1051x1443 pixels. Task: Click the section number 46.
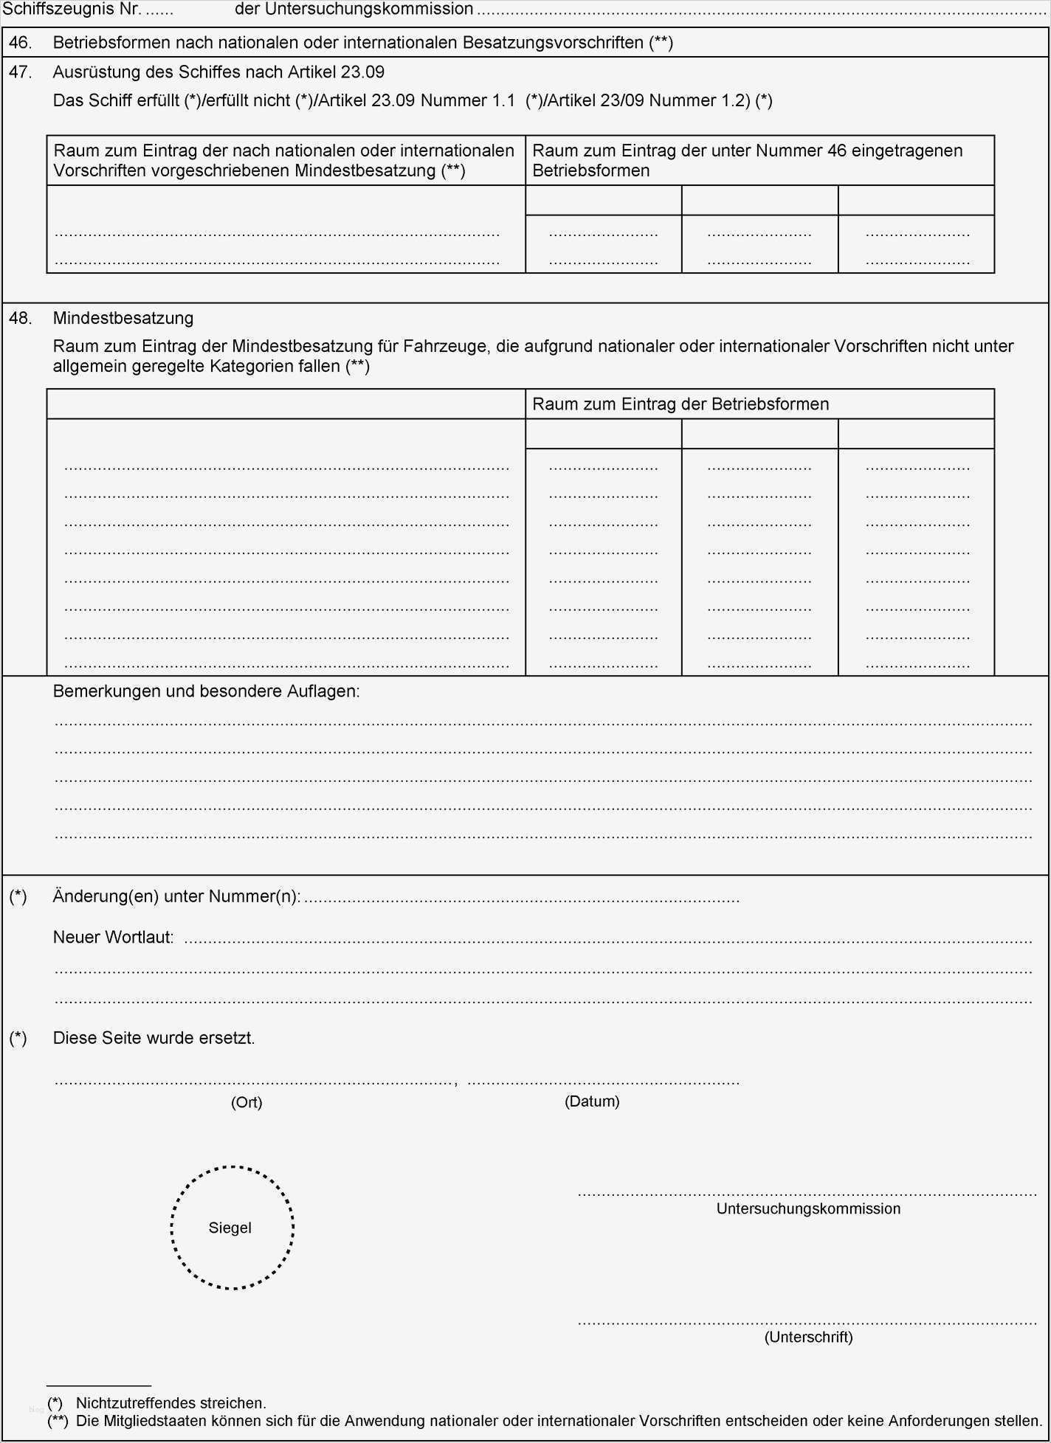[x=20, y=43]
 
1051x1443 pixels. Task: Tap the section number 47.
[x=20, y=72]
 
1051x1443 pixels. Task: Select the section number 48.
[x=20, y=319]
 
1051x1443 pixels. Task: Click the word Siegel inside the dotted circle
[x=230, y=1228]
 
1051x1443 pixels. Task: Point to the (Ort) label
[x=247, y=1102]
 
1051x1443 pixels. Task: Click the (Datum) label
[x=592, y=1101]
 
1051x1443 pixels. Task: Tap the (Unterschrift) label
[x=808, y=1337]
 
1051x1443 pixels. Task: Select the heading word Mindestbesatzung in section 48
[x=123, y=319]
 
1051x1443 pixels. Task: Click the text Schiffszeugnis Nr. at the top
[x=72, y=10]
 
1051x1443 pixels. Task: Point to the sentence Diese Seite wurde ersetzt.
[x=154, y=1038]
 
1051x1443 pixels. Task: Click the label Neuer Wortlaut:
[x=114, y=938]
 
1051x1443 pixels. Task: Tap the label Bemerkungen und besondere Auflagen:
[x=207, y=691]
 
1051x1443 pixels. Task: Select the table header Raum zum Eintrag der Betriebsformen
[x=680, y=404]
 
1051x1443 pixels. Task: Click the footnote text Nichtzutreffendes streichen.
[x=171, y=1403]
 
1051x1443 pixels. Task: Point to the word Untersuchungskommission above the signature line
[x=808, y=1208]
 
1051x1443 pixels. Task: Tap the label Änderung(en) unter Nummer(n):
[x=177, y=897]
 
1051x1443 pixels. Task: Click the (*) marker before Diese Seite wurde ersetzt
[x=18, y=1038]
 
